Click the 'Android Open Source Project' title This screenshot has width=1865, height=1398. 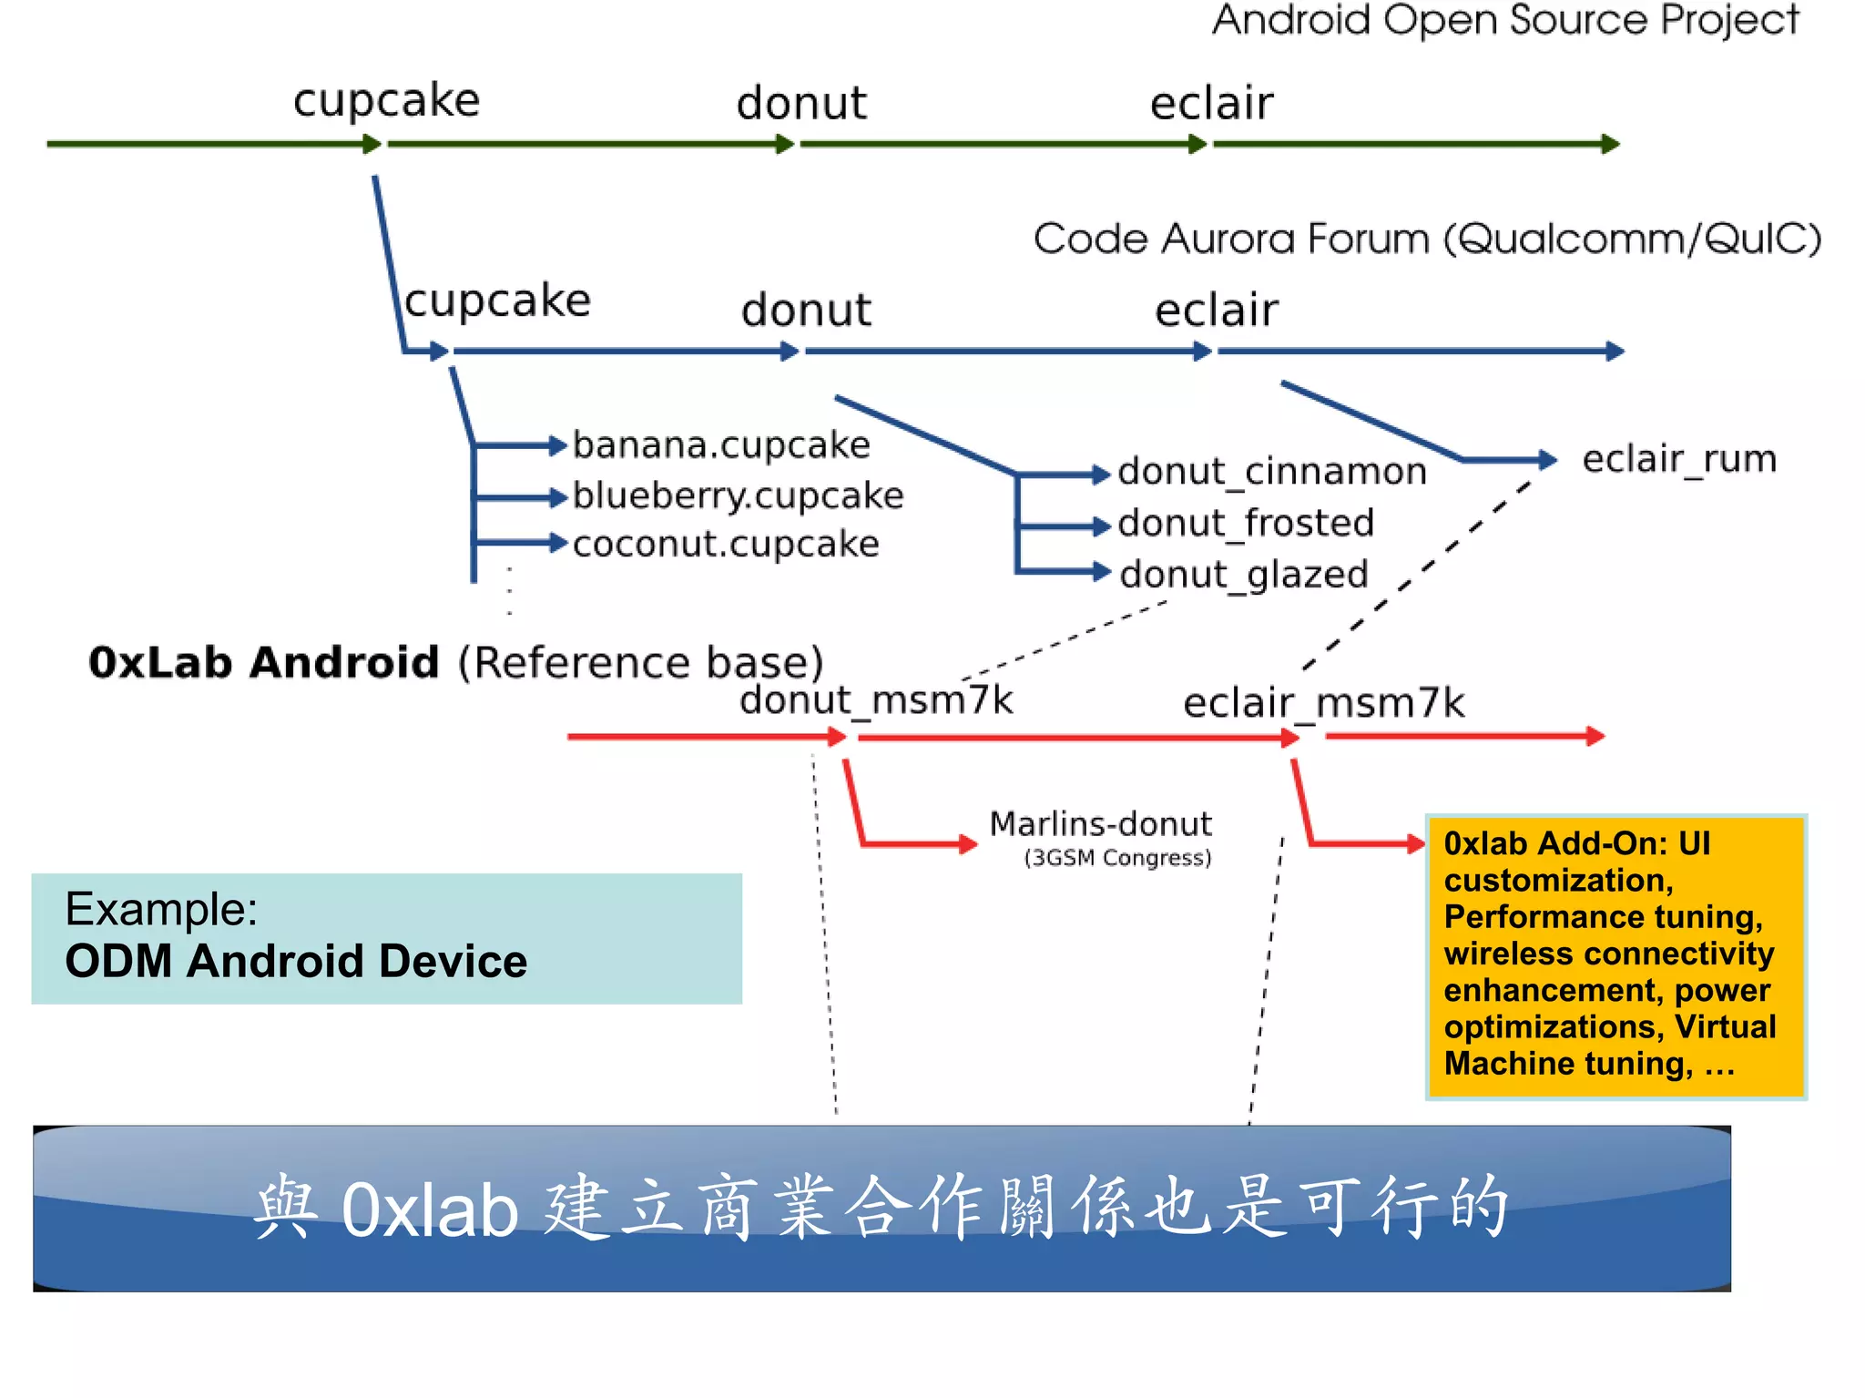pos(1504,20)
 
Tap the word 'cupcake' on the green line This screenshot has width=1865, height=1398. pos(386,100)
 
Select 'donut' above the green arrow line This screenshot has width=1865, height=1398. pos(800,102)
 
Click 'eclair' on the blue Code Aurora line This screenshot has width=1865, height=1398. pos(1216,310)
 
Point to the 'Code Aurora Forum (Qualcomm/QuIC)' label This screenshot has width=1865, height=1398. pos(1426,240)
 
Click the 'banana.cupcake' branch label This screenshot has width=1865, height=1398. pos(721,445)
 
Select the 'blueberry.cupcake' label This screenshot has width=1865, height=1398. pos(738,495)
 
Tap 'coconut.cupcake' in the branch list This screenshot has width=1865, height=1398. pos(726,545)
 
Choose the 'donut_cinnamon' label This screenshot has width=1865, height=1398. pos(1271,472)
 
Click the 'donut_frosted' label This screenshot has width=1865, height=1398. pos(1245,524)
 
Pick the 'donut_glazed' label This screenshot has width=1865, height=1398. pos(1243,575)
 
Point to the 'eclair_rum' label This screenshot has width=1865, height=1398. pos(1679,459)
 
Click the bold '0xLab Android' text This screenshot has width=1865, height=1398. pos(263,662)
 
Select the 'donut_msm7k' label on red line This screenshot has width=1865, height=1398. pos(875,700)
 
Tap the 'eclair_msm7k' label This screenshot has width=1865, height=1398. pos(1323,703)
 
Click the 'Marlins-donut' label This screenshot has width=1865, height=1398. pos(1100,824)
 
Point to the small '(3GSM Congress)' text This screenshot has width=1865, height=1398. pos(1117,858)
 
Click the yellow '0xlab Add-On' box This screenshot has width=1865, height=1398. pos(1615,956)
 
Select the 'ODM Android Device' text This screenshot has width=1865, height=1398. pos(296,962)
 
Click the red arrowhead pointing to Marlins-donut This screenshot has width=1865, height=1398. pos(967,844)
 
